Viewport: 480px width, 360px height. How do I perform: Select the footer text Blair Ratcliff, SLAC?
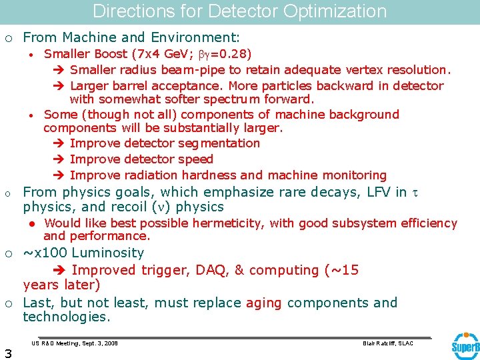coord(387,343)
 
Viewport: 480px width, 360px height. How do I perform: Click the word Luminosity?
coord(108,253)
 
